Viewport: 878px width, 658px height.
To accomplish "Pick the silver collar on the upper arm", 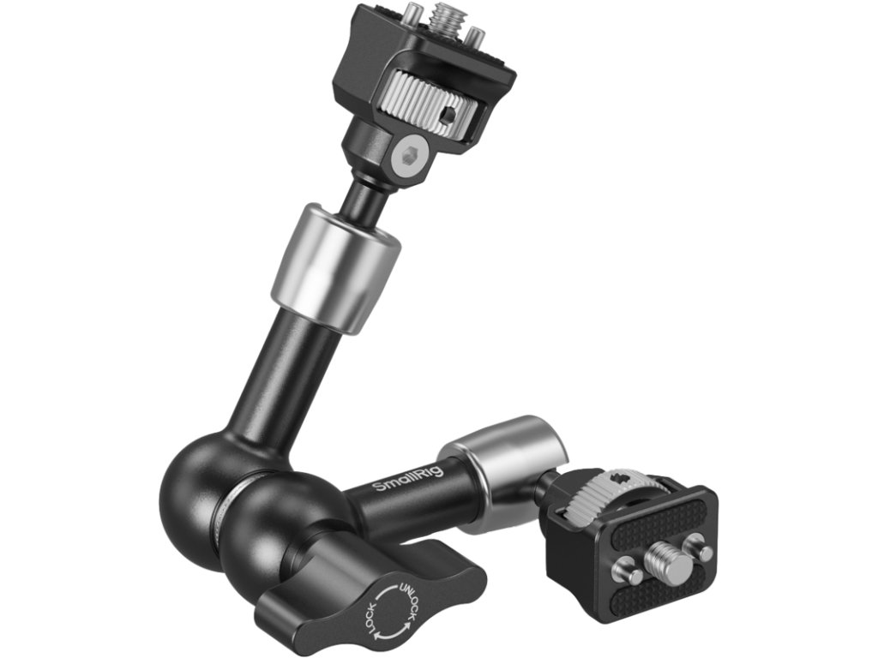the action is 336,268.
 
